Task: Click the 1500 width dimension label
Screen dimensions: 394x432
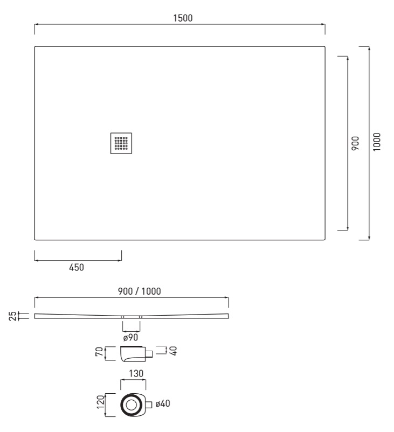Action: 183,18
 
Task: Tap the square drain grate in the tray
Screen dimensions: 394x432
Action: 121,143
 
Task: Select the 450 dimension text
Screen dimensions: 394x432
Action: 77,267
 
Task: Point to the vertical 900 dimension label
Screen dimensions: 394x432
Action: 355,143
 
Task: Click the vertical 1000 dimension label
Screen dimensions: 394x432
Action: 377,142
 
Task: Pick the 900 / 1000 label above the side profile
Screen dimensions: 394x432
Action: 139,291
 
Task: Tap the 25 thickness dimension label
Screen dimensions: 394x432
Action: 13,316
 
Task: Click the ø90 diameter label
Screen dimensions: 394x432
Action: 130,338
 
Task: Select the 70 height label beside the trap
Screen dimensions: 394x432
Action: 99,352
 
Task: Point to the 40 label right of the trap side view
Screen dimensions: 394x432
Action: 174,351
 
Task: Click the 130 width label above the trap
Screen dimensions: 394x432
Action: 136,374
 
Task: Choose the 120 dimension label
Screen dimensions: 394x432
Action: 101,402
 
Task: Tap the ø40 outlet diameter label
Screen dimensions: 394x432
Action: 163,403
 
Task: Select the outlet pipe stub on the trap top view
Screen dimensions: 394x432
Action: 149,405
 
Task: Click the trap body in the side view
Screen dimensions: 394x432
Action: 133,354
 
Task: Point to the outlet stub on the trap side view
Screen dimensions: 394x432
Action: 149,354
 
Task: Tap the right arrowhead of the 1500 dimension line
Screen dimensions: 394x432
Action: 323,24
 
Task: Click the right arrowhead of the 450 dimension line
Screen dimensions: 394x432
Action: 120,260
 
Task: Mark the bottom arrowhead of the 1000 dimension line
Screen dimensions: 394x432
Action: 369,238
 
